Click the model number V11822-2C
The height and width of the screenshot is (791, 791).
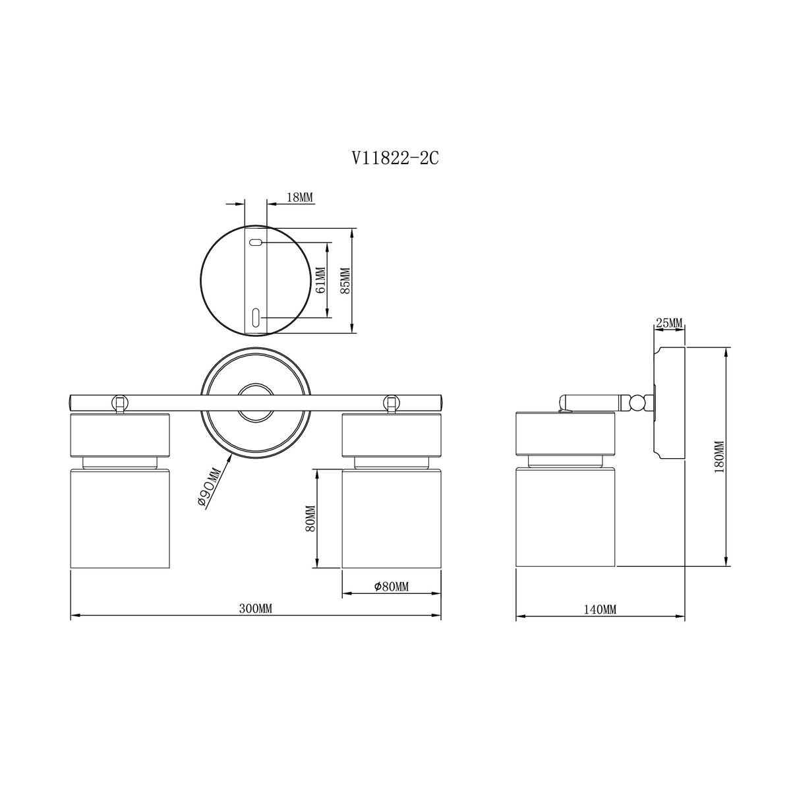(395, 158)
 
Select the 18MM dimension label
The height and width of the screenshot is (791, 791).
(300, 198)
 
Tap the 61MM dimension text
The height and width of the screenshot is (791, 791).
(320, 279)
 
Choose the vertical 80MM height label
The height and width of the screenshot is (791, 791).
(310, 519)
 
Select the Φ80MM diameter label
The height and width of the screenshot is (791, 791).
(391, 587)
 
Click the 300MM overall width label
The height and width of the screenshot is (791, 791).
(256, 609)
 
